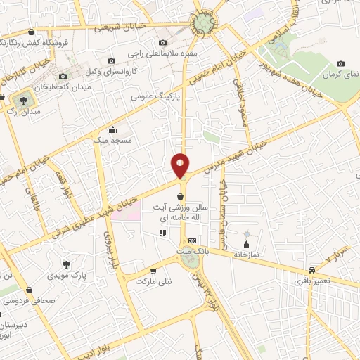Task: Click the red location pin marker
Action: (181, 165)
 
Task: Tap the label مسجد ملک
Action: (112, 140)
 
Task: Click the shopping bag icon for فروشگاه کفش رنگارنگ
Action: (31, 32)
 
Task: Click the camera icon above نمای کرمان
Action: (340, 63)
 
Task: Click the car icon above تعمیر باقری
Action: (311, 270)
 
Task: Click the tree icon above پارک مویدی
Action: (67, 264)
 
